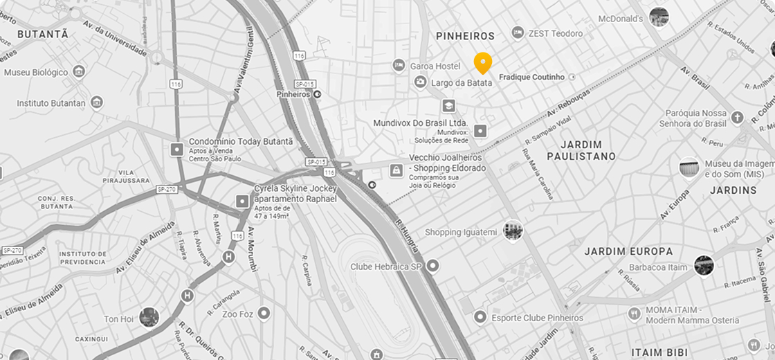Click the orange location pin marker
483,62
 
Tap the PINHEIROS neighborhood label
465,36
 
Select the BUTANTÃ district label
43,34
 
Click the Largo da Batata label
462,83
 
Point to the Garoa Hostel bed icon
399,65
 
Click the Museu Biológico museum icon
79,71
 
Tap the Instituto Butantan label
51,103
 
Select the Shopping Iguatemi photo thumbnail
513,231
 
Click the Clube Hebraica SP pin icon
433,266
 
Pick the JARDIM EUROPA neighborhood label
628,251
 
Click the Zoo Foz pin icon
264,314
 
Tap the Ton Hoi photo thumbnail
149,317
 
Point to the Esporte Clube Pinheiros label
538,318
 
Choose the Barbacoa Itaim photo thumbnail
704,266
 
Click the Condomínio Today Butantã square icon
177,149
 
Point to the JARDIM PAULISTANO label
581,150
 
